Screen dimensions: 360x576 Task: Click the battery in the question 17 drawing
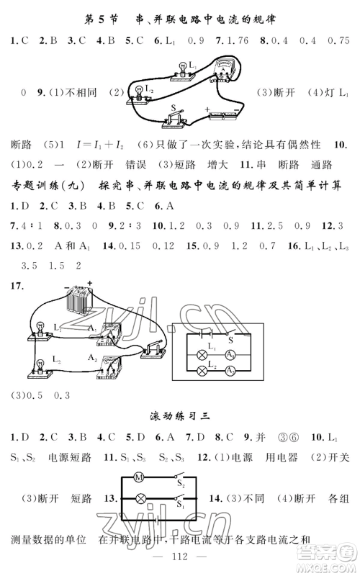(x=78, y=297)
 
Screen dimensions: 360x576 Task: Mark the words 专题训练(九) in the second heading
(x=42, y=185)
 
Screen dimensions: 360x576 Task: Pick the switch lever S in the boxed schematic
(x=229, y=338)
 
